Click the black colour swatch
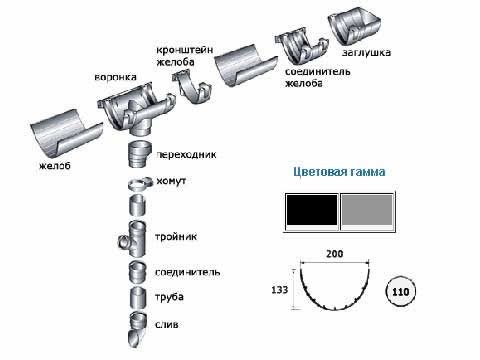[x=312, y=210]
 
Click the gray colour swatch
[x=367, y=210]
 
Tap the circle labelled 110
[x=400, y=292]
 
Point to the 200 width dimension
[x=334, y=254]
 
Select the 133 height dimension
[x=279, y=290]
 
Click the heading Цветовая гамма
[x=339, y=172]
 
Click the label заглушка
[x=366, y=53]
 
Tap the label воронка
[x=115, y=77]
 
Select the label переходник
[x=186, y=155]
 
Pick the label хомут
[x=171, y=181]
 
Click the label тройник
[x=176, y=237]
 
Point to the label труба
[x=169, y=297]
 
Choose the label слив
[x=166, y=324]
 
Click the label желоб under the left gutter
[x=55, y=165]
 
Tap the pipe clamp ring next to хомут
[x=138, y=184]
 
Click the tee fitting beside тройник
[x=132, y=239]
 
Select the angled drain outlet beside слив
[x=137, y=330]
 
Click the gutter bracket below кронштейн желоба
[x=192, y=88]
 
